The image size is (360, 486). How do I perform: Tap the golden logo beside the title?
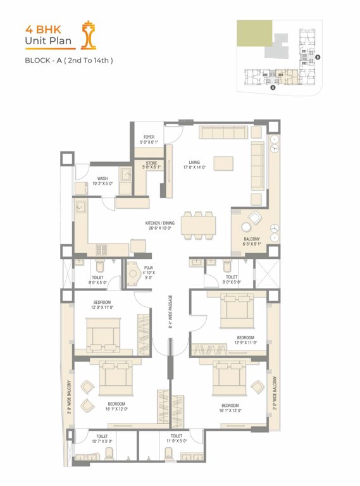[89, 35]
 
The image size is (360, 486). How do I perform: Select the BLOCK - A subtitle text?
[68, 61]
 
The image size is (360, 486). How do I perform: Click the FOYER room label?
[149, 139]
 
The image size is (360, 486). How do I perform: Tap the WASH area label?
[102, 181]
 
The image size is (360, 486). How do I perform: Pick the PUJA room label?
[149, 271]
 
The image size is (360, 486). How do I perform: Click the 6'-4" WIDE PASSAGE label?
[171, 313]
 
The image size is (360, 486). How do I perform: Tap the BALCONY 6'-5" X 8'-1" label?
[251, 242]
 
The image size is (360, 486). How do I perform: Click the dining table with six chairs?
[198, 225]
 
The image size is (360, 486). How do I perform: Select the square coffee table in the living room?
[223, 163]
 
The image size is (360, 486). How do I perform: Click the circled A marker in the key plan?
[273, 89]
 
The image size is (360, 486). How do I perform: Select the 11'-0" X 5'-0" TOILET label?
[177, 439]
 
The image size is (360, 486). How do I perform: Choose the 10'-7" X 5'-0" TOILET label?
[102, 439]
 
